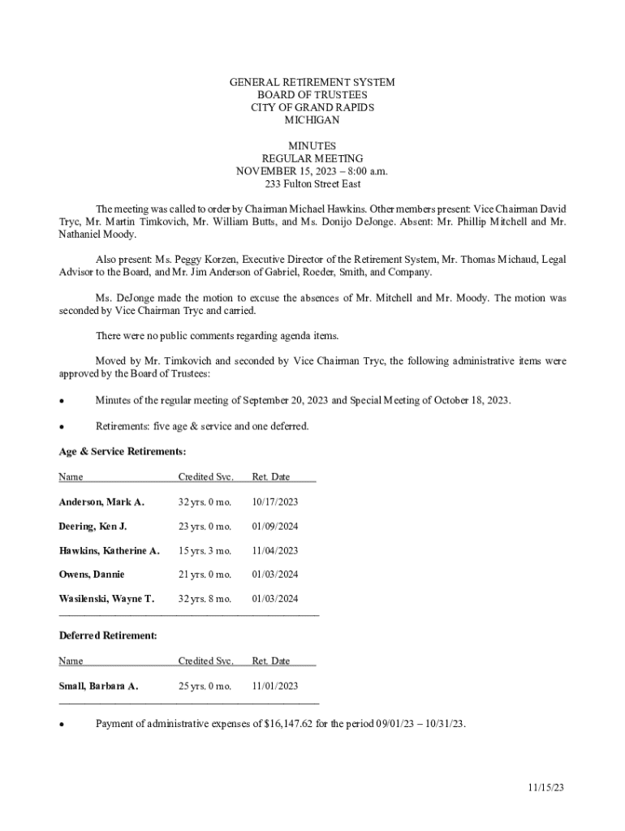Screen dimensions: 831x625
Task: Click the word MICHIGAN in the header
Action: click(x=312, y=120)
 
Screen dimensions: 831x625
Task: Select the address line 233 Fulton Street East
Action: click(x=312, y=184)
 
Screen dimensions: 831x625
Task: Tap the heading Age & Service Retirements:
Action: click(x=123, y=451)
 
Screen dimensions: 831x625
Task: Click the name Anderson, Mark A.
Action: click(x=101, y=502)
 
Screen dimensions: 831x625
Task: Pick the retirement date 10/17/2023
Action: click(x=274, y=502)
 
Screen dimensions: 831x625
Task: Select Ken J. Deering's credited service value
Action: click(x=205, y=526)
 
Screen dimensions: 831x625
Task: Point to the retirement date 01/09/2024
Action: click(x=274, y=526)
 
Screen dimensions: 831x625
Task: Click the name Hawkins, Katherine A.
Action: click(x=109, y=550)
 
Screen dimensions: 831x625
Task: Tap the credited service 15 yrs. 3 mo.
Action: click(x=205, y=550)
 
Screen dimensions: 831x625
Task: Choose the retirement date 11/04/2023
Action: click(x=274, y=550)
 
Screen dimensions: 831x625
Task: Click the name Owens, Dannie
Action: click(x=92, y=575)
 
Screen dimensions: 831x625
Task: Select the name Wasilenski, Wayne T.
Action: click(x=106, y=599)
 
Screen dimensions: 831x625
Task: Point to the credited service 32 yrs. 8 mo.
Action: click(x=205, y=599)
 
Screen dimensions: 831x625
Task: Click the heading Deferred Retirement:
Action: click(x=108, y=635)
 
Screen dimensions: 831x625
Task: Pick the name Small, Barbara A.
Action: click(x=98, y=686)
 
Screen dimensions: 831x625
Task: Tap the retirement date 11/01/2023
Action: click(x=274, y=686)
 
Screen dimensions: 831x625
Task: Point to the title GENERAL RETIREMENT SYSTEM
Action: click(x=312, y=83)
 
